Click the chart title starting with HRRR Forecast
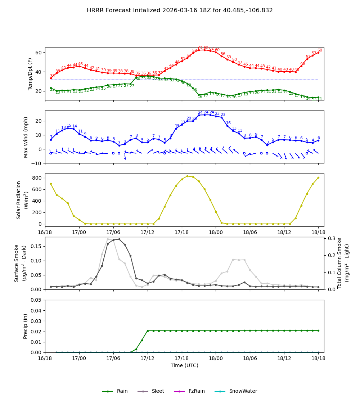click(x=180, y=10)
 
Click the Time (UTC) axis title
click(x=184, y=365)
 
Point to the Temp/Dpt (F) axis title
click(x=31, y=74)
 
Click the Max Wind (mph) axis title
click(x=26, y=137)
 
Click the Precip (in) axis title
click(x=26, y=326)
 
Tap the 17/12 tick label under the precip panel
click(x=148, y=359)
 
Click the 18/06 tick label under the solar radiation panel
click(x=250, y=233)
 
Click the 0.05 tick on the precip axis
click(x=36, y=300)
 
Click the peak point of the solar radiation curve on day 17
click(x=187, y=176)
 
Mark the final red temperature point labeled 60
click(x=318, y=53)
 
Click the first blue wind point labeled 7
click(x=51, y=140)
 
